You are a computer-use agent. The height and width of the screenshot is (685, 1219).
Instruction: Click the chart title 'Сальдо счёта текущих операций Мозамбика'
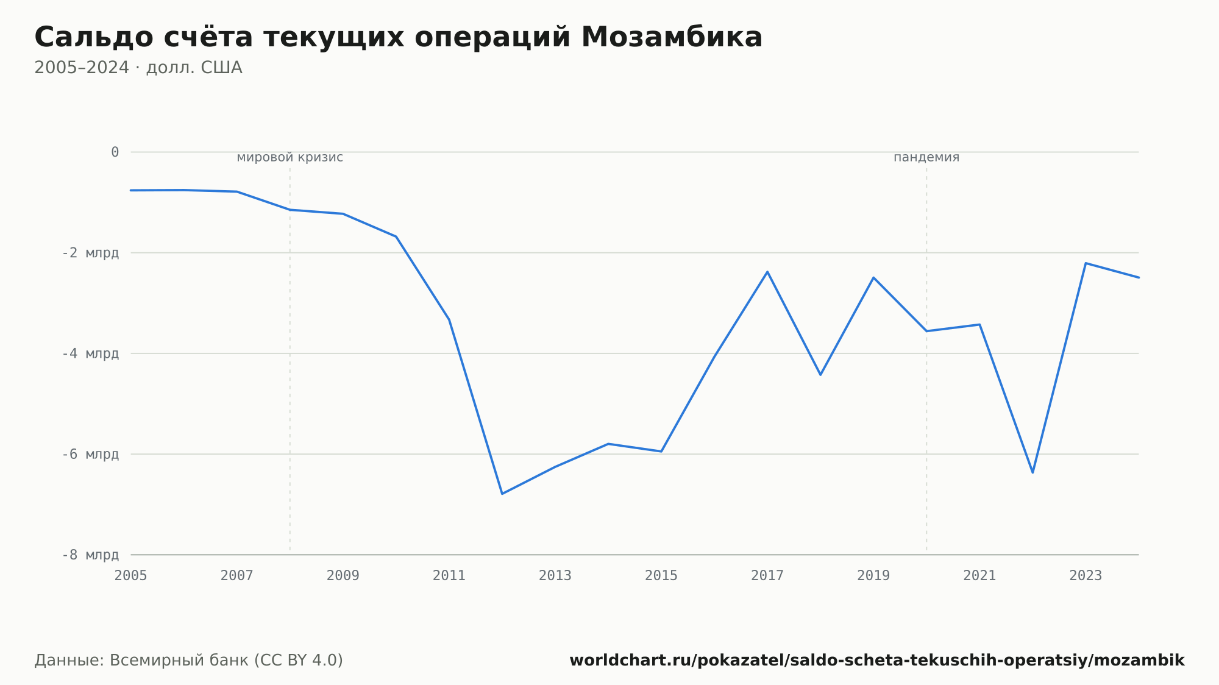pyautogui.click(x=399, y=37)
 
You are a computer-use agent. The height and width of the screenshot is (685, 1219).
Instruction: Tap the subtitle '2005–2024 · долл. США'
pyautogui.click(x=138, y=68)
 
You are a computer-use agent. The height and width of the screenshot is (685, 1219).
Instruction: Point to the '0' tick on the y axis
pyautogui.click(x=115, y=152)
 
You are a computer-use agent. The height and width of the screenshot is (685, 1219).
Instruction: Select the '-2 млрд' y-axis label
pyautogui.click(x=91, y=253)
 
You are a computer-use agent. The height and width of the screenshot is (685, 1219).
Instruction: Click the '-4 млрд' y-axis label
pyautogui.click(x=91, y=353)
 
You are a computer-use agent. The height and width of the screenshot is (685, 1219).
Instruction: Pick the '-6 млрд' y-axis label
pyautogui.click(x=91, y=454)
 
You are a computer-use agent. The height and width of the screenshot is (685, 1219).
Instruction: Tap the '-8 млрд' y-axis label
pyautogui.click(x=91, y=555)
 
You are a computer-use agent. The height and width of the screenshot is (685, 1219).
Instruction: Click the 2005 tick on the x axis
pyautogui.click(x=131, y=576)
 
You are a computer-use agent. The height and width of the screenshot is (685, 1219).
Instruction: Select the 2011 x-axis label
pyautogui.click(x=449, y=576)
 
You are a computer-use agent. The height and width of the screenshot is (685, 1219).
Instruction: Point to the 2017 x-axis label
pyautogui.click(x=767, y=576)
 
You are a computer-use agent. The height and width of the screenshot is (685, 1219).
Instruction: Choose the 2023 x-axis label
pyautogui.click(x=1086, y=576)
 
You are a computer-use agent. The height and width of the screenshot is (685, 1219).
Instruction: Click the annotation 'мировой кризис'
pyautogui.click(x=290, y=157)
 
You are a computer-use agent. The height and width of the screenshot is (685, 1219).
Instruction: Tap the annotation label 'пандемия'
pyautogui.click(x=926, y=157)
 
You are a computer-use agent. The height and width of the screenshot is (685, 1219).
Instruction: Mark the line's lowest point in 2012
pyautogui.click(x=502, y=494)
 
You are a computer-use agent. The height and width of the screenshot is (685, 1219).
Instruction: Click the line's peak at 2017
pyautogui.click(x=767, y=271)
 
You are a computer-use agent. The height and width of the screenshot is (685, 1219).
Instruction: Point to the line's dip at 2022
pyautogui.click(x=1032, y=472)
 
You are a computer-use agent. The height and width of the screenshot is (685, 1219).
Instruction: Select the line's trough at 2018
pyautogui.click(x=820, y=375)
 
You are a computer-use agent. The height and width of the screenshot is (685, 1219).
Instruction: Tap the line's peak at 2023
pyautogui.click(x=1086, y=263)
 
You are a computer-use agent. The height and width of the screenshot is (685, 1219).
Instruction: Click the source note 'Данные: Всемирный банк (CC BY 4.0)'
pyautogui.click(x=189, y=661)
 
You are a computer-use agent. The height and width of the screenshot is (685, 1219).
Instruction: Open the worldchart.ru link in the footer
pyautogui.click(x=877, y=661)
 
